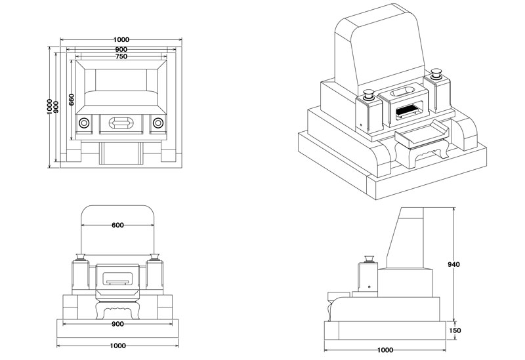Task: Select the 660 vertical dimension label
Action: click(x=71, y=101)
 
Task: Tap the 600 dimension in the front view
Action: click(x=117, y=226)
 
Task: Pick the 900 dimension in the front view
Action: click(x=117, y=323)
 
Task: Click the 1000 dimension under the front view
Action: click(x=117, y=346)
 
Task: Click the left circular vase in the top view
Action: click(x=83, y=123)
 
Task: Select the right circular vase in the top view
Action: click(x=157, y=123)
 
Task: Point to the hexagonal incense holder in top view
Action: click(x=120, y=123)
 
